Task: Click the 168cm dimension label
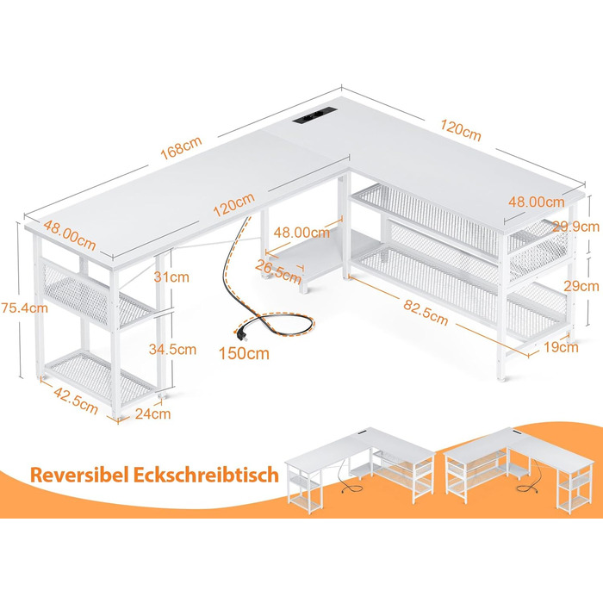(181, 147)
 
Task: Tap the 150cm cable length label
(244, 353)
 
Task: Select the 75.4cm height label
(24, 308)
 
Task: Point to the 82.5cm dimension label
(426, 312)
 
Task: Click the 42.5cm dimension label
(76, 401)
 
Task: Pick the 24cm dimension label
(152, 413)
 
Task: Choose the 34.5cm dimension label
(172, 349)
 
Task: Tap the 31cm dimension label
(171, 277)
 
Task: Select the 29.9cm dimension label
(575, 227)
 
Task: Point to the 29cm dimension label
(581, 286)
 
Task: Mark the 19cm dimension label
(561, 347)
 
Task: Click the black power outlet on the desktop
(314, 115)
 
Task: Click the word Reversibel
(79, 475)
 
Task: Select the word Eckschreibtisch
(206, 475)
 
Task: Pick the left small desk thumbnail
(360, 470)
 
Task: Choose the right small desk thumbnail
(519, 470)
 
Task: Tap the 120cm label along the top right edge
(460, 130)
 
